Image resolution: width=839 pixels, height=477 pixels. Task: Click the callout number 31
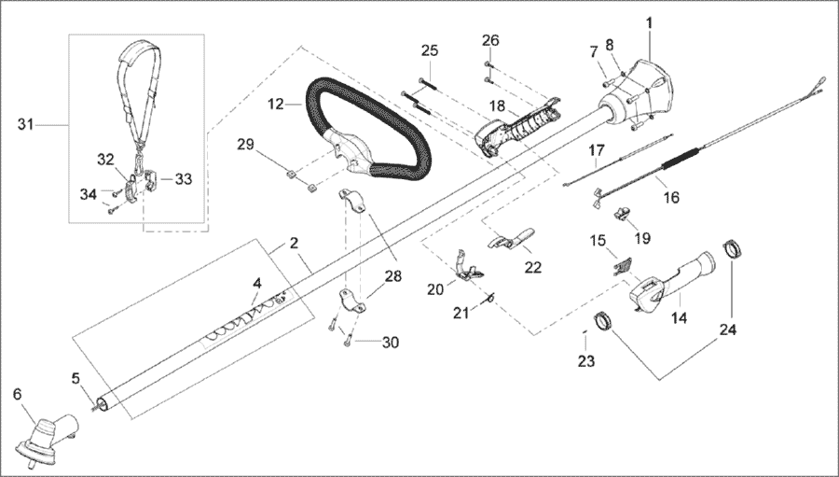[x=26, y=124]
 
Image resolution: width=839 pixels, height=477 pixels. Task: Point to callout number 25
[x=430, y=50]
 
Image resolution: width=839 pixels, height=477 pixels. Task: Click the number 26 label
[x=490, y=40]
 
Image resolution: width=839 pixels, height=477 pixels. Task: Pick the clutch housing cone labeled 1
[x=640, y=93]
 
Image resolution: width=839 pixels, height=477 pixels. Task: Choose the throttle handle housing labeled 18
[x=516, y=129]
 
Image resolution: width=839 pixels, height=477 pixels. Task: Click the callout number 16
[x=671, y=197]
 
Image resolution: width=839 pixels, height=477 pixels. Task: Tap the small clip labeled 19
[x=621, y=213]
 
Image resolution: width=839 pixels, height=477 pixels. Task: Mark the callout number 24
[x=727, y=330]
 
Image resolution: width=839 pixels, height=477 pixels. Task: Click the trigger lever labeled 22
[x=511, y=239]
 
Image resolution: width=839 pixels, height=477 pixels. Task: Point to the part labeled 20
[x=468, y=265]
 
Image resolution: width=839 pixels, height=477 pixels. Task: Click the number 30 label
[x=390, y=342]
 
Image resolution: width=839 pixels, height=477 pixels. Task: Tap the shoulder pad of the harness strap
[x=139, y=52]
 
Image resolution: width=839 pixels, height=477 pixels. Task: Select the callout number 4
[x=257, y=284]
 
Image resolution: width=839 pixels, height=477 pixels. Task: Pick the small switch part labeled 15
[x=623, y=266]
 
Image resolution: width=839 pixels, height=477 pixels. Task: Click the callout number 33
[x=183, y=179]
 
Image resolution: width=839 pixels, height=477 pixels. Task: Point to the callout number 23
[x=586, y=361]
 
